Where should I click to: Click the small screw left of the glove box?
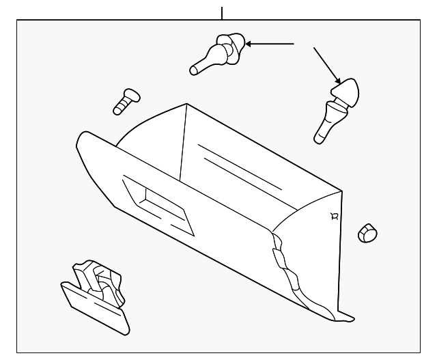124,101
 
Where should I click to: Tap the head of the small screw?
130,94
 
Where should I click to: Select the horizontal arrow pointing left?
269,44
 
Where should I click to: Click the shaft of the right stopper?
326,123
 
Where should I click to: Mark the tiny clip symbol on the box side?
333,216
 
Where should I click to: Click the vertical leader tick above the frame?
223,12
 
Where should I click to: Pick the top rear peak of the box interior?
186,105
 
